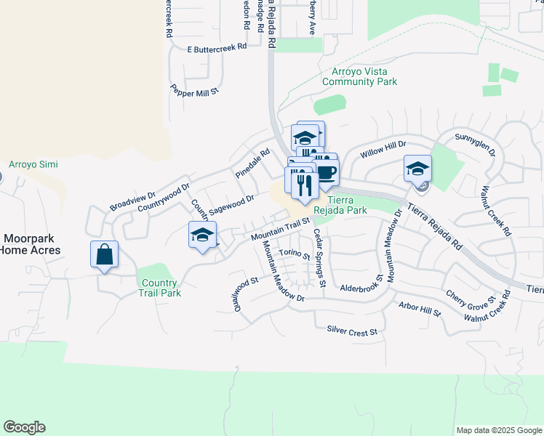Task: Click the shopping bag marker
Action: (105, 255)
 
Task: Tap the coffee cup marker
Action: (327, 173)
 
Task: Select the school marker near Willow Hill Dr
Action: (418, 169)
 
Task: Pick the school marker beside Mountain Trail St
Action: (203, 235)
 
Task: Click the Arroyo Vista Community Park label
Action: (360, 76)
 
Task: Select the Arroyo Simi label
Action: (27, 164)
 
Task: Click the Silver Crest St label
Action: (353, 331)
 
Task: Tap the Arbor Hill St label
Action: (420, 308)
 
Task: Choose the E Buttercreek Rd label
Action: (217, 48)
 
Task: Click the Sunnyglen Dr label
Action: (475, 144)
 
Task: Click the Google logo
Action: (24, 427)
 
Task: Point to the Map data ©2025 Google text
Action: (498, 430)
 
